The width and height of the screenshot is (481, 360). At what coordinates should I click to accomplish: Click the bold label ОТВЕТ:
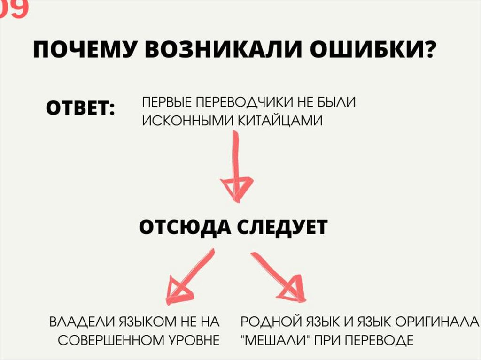pos(80,108)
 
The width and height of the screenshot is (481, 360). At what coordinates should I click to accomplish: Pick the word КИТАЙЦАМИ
pos(280,121)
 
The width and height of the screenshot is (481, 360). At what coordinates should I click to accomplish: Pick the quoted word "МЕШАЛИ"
pos(271,340)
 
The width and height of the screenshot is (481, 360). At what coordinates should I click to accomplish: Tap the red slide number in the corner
pos(14,9)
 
